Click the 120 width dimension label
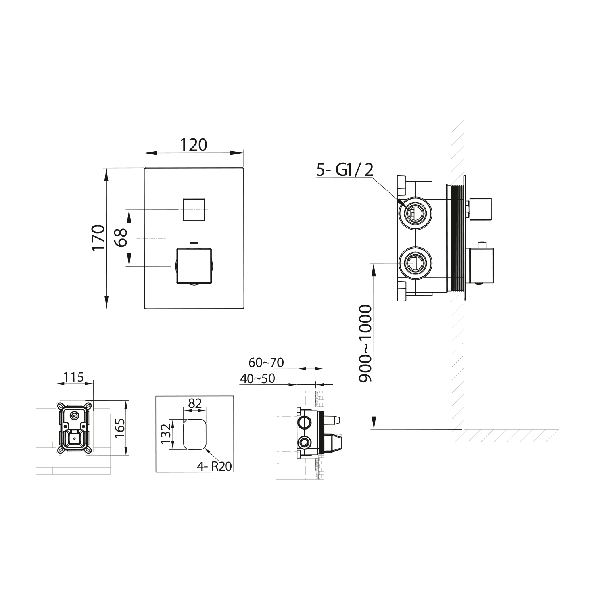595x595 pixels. click(194, 145)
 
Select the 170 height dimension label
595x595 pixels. click(98, 237)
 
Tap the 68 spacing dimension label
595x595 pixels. click(121, 238)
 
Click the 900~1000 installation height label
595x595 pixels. click(365, 344)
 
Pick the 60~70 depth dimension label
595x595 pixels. click(266, 362)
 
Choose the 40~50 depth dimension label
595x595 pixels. click(257, 378)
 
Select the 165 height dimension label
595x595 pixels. click(121, 429)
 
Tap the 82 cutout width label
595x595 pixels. click(195, 403)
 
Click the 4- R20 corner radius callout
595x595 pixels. click(214, 466)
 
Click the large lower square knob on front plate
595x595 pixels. click(194, 266)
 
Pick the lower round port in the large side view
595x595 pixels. click(415, 263)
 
